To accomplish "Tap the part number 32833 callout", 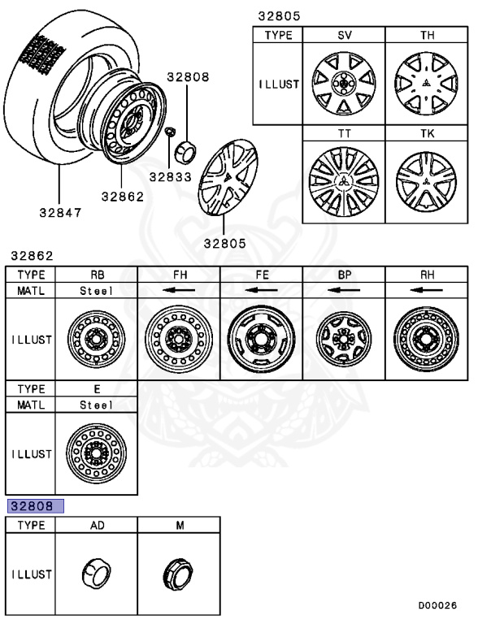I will pyautogui.click(x=168, y=177).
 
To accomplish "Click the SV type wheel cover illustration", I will pyautogui.click(x=343, y=83).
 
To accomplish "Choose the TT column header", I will pyautogui.click(x=343, y=133).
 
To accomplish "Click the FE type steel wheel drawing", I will pyautogui.click(x=261, y=339).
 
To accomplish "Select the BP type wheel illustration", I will pyautogui.click(x=344, y=340).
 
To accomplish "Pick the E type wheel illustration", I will pyautogui.click(x=96, y=453).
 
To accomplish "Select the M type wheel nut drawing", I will pyautogui.click(x=179, y=574).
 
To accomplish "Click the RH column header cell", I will pyautogui.click(x=427, y=275).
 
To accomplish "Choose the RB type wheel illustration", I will pyautogui.click(x=96, y=340).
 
